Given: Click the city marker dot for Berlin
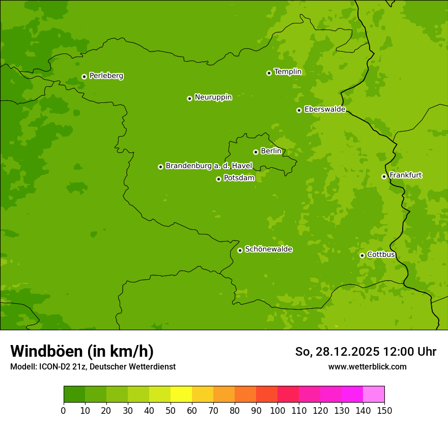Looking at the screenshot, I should coord(256,152).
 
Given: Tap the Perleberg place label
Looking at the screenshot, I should coord(106,76).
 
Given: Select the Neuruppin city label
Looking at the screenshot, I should coord(213,97).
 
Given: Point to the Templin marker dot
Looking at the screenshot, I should coord(269,73).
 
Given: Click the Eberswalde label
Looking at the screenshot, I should coord(325,110).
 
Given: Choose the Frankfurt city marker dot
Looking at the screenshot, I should coord(384,176).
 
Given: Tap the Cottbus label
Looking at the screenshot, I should coord(381,254).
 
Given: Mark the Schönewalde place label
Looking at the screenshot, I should coord(269,249).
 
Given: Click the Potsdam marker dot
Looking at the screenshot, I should coord(218,179).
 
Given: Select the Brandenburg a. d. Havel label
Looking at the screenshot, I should coord(209,166).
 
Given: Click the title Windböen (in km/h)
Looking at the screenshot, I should coord(82,351).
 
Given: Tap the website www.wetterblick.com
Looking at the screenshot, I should coord(367,366).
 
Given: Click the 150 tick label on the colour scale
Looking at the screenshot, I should coord(384,410).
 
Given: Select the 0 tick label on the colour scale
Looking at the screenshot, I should coord(64,410).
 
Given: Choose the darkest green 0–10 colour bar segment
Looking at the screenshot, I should coord(74,394).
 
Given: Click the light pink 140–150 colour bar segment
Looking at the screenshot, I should coord(374,394).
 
